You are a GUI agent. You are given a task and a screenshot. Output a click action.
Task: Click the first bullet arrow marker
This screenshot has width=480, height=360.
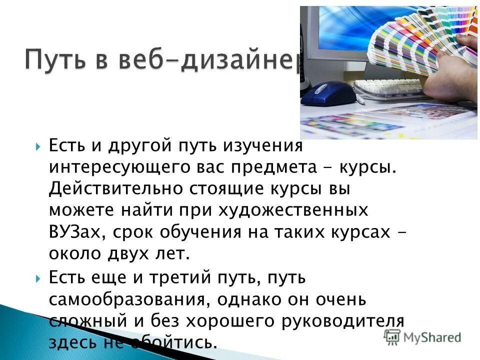[39, 147]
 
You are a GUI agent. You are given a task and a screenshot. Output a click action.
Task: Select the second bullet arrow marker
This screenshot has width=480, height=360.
[39, 276]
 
